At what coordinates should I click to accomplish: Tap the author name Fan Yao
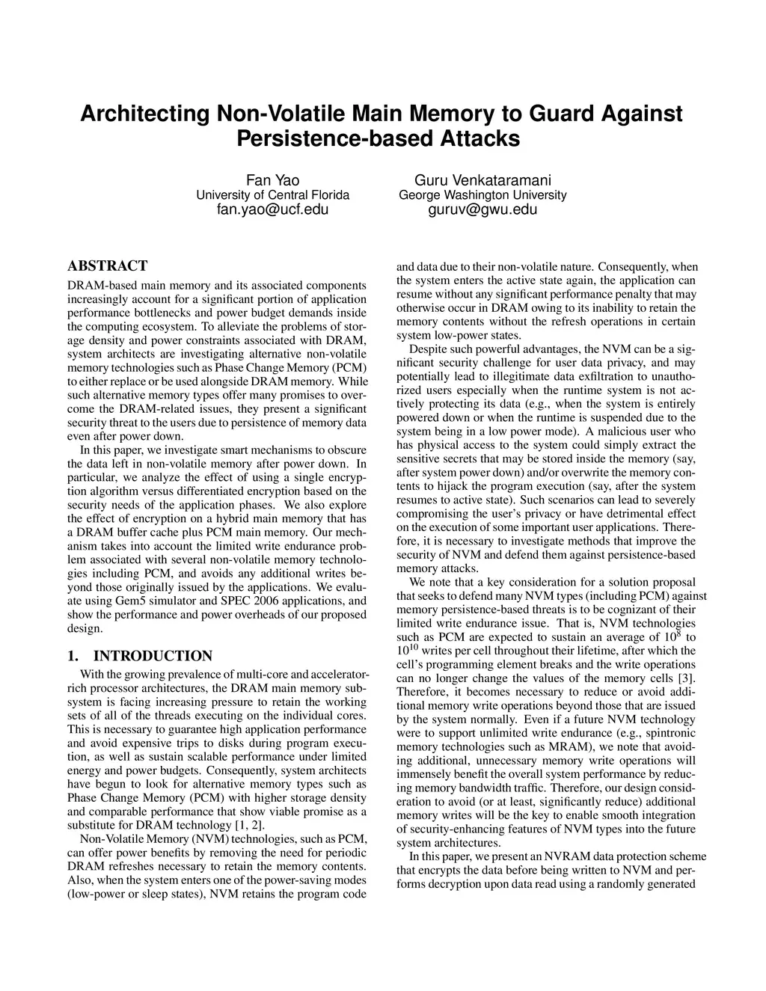click(x=273, y=180)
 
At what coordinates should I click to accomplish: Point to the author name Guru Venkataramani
click(x=482, y=180)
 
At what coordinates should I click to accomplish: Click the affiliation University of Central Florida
click(x=273, y=195)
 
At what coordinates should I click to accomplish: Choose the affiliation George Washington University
click(x=482, y=195)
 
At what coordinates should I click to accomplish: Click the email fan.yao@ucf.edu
click(x=273, y=209)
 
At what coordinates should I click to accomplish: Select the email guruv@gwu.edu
click(x=482, y=209)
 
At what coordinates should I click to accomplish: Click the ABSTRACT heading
click(x=107, y=266)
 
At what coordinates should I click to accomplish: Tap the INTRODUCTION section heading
click(x=153, y=657)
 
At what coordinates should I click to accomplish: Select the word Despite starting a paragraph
click(x=429, y=349)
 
